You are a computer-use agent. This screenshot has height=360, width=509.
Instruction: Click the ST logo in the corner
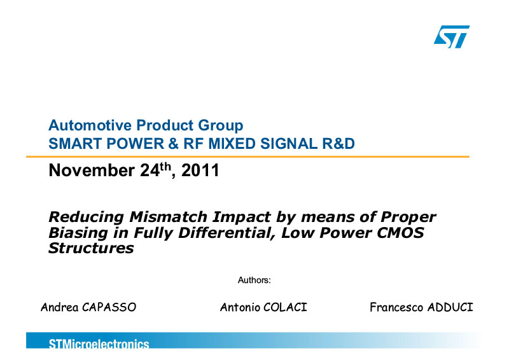[452, 37]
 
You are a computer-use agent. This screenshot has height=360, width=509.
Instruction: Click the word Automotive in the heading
[90, 125]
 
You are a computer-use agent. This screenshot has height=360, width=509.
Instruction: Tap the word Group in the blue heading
[221, 126]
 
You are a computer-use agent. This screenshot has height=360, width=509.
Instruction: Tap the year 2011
[200, 170]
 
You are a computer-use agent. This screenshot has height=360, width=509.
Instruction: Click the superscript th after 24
[165, 167]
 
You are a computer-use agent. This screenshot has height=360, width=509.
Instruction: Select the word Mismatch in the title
[168, 217]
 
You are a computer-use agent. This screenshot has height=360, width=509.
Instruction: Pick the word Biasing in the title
[78, 233]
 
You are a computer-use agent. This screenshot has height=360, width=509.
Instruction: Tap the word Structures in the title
[91, 248]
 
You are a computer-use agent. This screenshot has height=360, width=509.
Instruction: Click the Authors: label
[254, 280]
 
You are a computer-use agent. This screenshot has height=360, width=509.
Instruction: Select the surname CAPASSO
[109, 307]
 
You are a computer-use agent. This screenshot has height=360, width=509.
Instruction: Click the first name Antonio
[241, 307]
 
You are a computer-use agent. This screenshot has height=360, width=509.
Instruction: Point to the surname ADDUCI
[450, 307]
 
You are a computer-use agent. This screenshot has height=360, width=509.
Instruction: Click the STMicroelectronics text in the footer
[99, 343]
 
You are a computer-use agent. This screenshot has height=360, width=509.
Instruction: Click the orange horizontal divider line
[248, 157]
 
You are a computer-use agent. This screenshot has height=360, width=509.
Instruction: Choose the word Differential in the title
[227, 233]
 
